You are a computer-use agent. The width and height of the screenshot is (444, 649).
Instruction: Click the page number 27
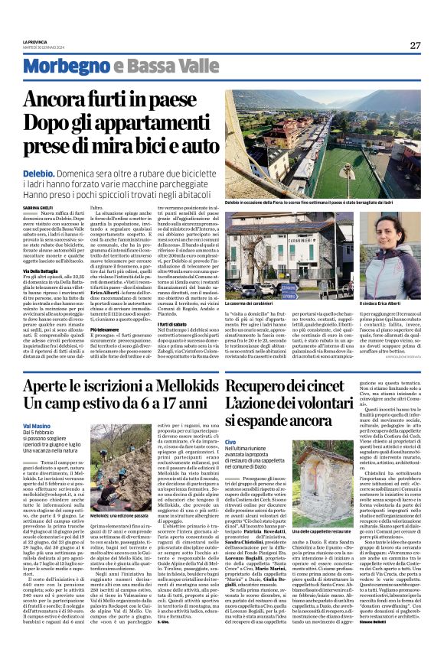(414, 45)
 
